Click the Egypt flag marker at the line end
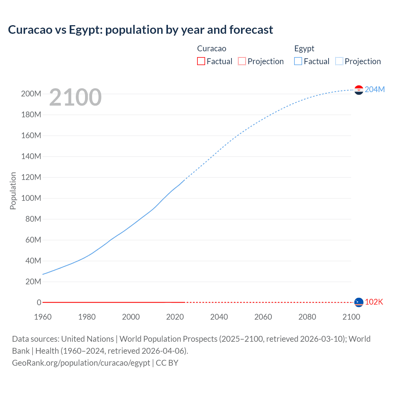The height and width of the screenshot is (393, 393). pyautogui.click(x=359, y=90)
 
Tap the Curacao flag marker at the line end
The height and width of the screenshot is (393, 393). pyautogui.click(x=359, y=302)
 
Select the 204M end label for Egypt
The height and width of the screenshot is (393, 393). pyautogui.click(x=375, y=89)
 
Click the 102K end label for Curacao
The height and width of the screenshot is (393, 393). pyautogui.click(x=374, y=302)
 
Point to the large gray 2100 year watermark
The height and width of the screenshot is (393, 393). pyautogui.click(x=75, y=97)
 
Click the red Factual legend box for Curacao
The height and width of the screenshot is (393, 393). pyautogui.click(x=201, y=61)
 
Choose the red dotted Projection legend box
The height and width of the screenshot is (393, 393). pyautogui.click(x=242, y=61)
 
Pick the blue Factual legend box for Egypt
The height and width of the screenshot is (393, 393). pyautogui.click(x=298, y=61)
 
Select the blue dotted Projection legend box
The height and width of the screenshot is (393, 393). pyautogui.click(x=339, y=61)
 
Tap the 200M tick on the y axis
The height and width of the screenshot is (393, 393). pyautogui.click(x=31, y=94)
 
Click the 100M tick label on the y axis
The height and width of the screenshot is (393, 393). pyautogui.click(x=31, y=198)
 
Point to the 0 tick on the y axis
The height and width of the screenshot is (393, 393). pyautogui.click(x=39, y=302)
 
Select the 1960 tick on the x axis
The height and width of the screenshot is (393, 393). pyautogui.click(x=43, y=317)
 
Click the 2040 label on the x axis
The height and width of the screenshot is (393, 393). pyautogui.click(x=219, y=317)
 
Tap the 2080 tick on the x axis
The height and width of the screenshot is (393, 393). pyautogui.click(x=307, y=317)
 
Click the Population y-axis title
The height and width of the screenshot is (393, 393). pyautogui.click(x=13, y=191)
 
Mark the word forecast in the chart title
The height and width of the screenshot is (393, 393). pyautogui.click(x=251, y=30)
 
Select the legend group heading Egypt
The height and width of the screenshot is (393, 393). pyautogui.click(x=304, y=49)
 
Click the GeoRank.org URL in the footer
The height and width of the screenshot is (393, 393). pyautogui.click(x=81, y=363)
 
